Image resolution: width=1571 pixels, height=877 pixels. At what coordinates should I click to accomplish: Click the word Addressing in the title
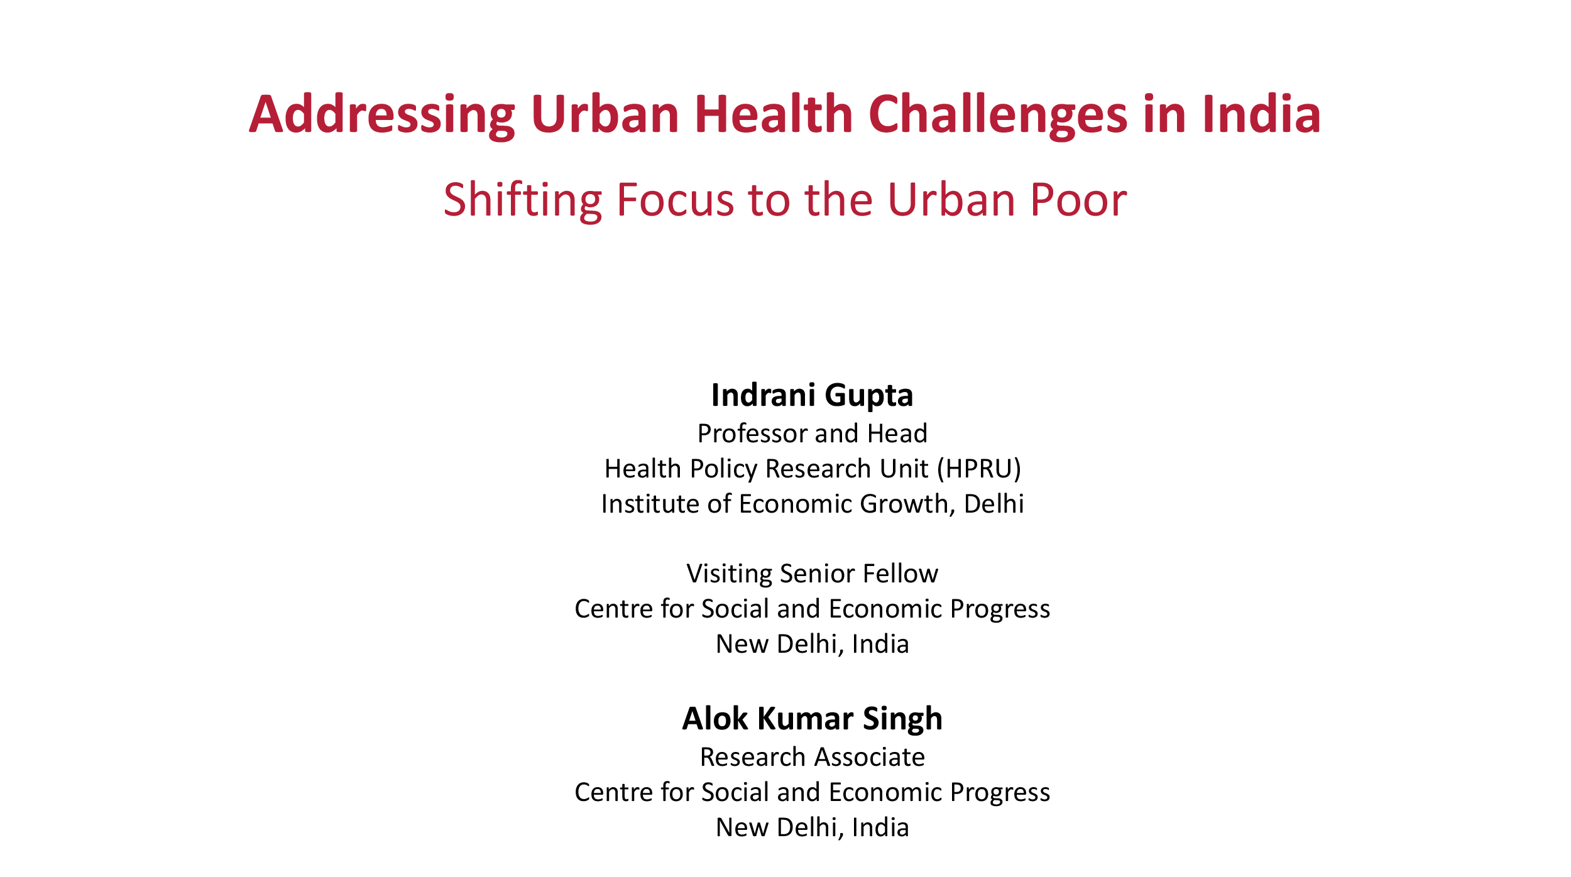pos(382,116)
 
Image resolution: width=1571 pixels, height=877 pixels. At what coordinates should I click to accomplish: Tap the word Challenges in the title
pos(998,116)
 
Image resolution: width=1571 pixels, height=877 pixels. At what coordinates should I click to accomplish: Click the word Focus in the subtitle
pos(676,200)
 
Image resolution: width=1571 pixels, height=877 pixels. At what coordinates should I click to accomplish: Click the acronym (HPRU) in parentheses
pos(979,469)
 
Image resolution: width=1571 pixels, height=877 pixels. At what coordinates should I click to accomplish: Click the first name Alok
pos(714,719)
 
